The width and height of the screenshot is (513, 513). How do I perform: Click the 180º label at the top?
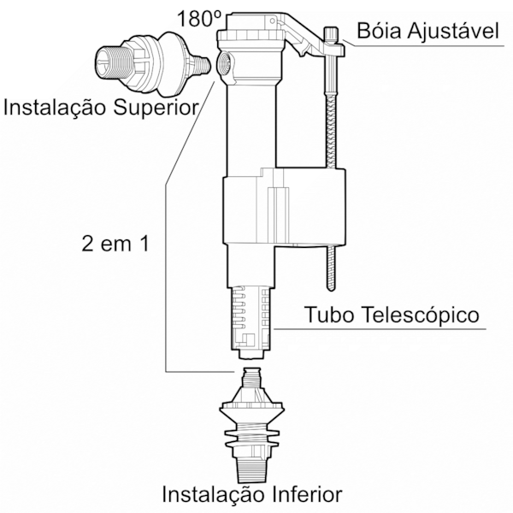coord(199,19)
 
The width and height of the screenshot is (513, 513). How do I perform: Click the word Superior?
coord(156,108)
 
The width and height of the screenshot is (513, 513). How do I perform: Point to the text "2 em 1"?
coord(115,244)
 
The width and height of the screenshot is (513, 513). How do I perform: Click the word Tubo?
coord(330,315)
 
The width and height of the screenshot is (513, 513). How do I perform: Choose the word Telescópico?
coord(420,315)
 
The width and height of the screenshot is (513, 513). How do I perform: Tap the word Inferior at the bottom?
coord(307,495)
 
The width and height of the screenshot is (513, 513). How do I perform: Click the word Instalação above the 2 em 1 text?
coord(56,109)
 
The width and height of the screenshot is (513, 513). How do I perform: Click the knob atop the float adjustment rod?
coord(332,34)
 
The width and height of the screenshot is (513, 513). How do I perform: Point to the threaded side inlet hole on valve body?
coord(225,62)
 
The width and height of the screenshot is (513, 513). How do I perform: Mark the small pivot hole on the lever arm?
coord(272,21)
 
